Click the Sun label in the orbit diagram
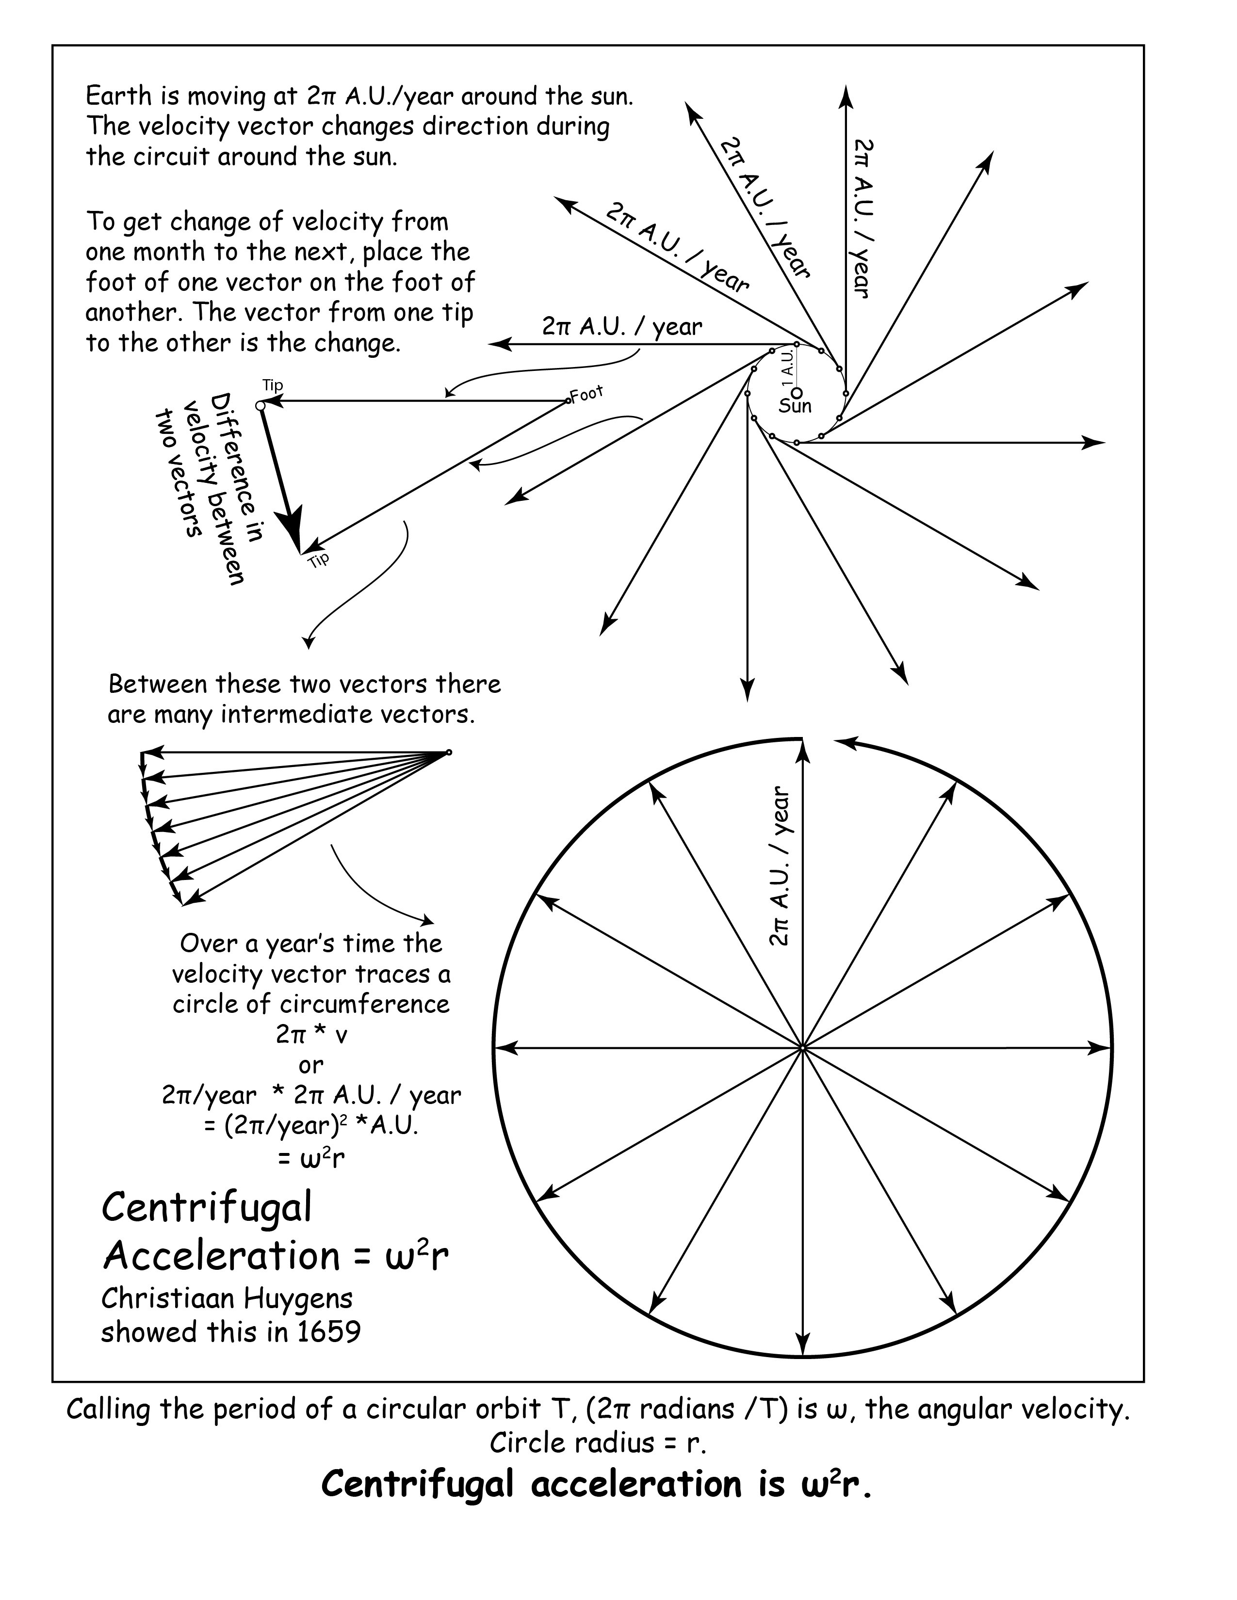tap(795, 406)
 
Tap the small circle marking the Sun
tap(798, 392)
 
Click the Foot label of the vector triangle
tap(586, 394)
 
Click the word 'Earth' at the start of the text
tap(119, 96)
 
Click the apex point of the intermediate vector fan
tap(449, 752)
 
